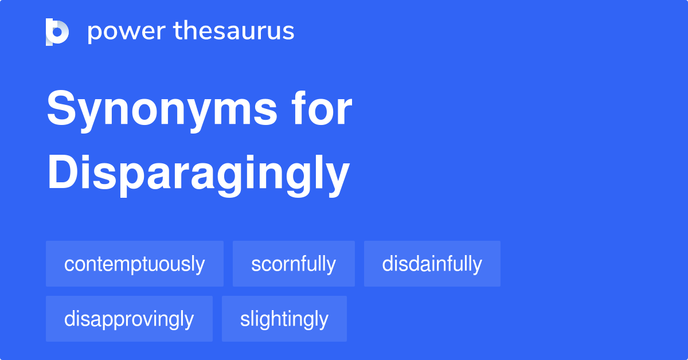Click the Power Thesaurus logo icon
57,32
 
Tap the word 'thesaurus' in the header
234,30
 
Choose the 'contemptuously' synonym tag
135,264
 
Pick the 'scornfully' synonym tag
294,264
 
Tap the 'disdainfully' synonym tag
432,264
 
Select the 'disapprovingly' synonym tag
129,319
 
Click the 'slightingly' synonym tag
284,319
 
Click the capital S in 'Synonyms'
61,108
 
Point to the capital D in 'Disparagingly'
62,171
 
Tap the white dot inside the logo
57,32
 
